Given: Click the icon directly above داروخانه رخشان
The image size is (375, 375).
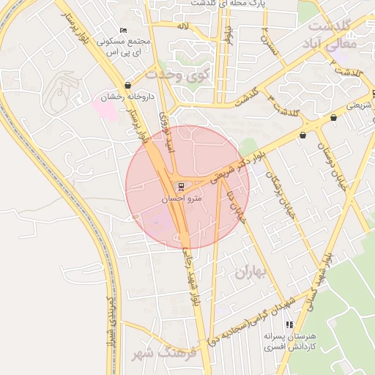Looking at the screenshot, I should coord(128,86).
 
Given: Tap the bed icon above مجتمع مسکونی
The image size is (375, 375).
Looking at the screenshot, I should coord(123,29).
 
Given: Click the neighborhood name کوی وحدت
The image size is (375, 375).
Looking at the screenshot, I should coord(178,74).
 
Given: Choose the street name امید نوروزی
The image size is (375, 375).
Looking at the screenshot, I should coord(167,133).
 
